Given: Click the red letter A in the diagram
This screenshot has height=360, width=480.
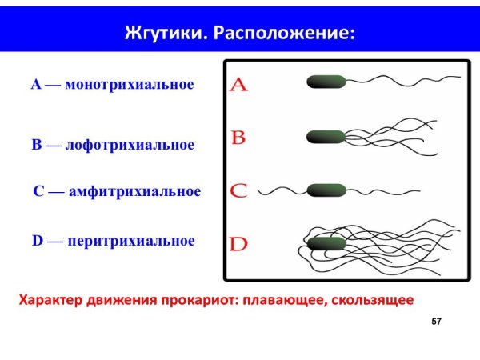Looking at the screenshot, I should [x=238, y=85].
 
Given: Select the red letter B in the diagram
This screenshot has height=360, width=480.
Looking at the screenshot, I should [x=238, y=138].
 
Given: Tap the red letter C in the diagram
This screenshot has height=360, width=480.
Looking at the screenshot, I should [x=238, y=191].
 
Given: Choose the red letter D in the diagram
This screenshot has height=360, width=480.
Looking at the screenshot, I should [x=238, y=244].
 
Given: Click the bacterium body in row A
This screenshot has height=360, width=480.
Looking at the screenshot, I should [x=326, y=81].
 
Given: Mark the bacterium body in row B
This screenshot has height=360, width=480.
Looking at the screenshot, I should [x=326, y=137].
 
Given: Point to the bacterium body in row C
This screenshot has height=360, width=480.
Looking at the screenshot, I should [x=326, y=190].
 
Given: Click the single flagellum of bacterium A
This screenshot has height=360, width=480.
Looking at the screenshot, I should [x=400, y=80].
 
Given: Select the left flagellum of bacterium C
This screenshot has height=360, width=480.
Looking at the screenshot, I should [x=284, y=190].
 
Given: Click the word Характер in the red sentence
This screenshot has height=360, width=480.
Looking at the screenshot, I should [x=49, y=301].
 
